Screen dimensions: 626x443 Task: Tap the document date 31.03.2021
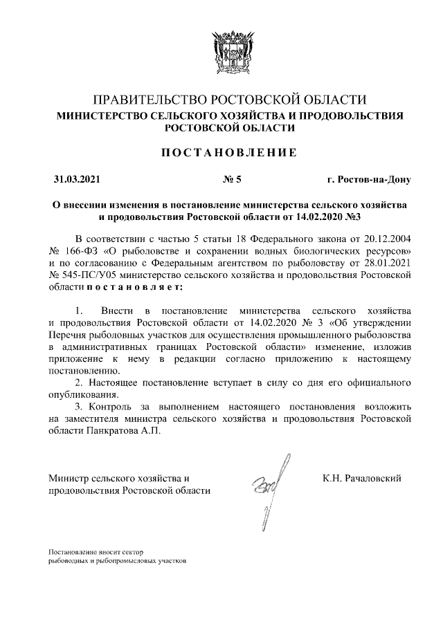coord(77,181)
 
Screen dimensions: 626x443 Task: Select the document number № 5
coord(233,181)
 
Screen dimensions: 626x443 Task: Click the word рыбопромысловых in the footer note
coord(128,561)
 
